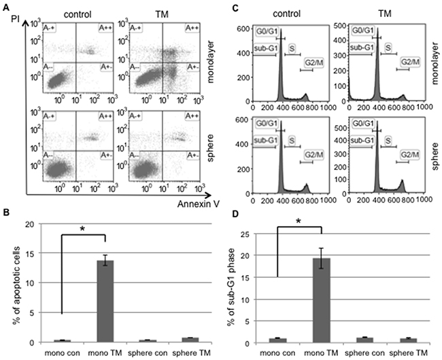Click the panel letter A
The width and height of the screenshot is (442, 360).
click(x=6, y=6)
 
